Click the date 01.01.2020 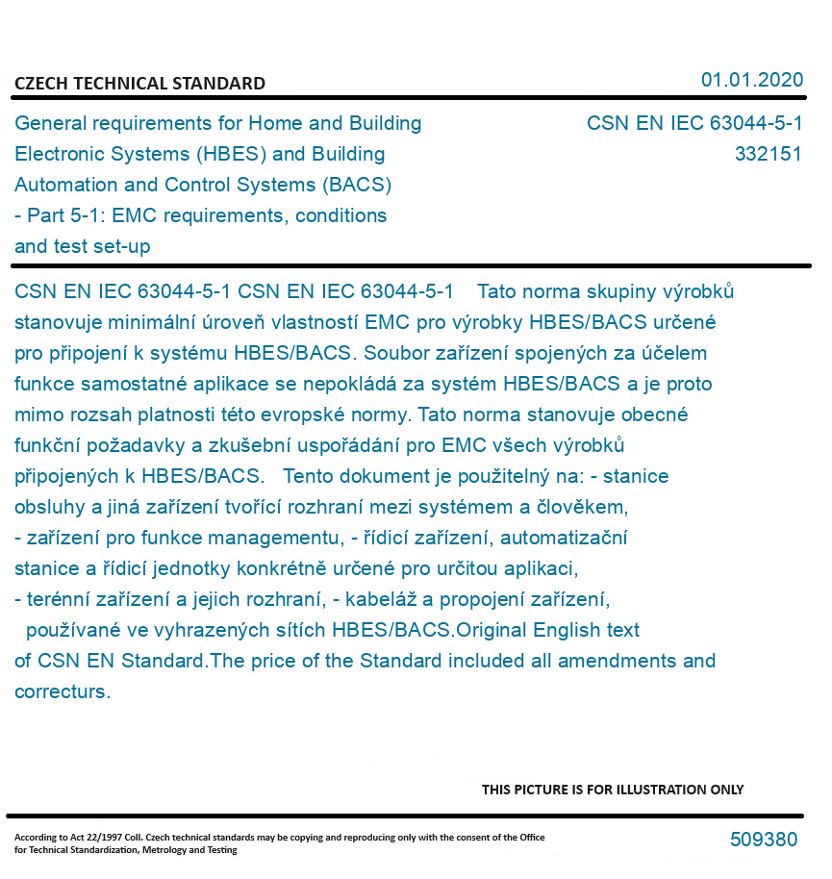pos(751,80)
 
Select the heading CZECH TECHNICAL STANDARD pos(139,84)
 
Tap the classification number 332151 pos(768,154)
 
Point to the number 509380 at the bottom pos(763,840)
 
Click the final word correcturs pos(62,691)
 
